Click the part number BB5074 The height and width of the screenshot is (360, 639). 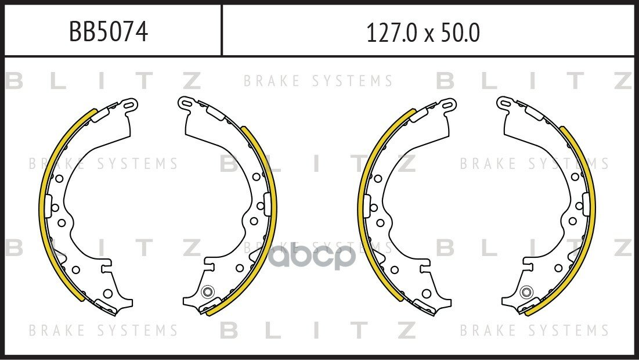click(x=108, y=31)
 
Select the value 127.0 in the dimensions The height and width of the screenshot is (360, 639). click(x=392, y=33)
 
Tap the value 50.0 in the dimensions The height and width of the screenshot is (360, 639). click(x=459, y=33)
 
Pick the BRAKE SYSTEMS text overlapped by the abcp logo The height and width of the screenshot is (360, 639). click(x=318, y=247)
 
